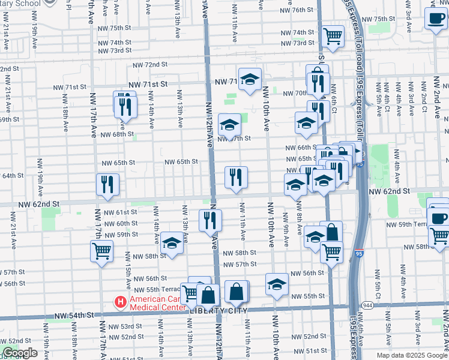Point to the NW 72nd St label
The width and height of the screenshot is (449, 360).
pyautogui.click(x=149, y=64)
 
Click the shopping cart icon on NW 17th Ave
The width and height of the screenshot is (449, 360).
pyautogui.click(x=101, y=250)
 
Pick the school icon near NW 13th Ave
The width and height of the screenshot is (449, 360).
pyautogui.click(x=172, y=242)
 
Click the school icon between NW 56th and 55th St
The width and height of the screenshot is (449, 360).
pyautogui.click(x=277, y=284)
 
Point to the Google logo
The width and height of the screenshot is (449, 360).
pyautogui.click(x=20, y=353)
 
